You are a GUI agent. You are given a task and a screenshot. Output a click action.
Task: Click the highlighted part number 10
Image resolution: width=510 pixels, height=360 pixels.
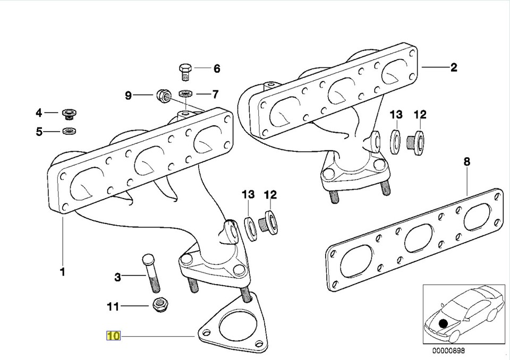coord(114,336)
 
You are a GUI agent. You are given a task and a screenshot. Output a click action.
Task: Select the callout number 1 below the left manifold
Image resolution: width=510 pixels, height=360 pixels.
coord(62,272)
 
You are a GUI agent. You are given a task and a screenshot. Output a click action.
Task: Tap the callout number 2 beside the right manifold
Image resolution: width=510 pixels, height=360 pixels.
coord(453,67)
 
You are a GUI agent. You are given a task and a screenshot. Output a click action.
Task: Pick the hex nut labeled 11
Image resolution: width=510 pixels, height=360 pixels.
coord(158,305)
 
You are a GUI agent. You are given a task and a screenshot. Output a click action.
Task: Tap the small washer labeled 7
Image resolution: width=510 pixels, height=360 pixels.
coord(185,95)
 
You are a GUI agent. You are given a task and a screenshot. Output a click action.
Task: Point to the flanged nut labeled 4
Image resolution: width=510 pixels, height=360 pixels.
coord(68,113)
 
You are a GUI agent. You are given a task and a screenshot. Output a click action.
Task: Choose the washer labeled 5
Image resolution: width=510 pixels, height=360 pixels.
coord(69,131)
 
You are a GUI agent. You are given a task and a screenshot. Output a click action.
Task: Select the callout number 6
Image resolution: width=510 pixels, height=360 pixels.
coord(216,68)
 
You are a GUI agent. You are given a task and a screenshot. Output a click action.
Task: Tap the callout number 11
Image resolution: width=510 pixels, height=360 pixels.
coord(113,306)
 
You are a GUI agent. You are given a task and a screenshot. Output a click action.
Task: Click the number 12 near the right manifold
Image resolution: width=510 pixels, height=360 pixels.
coord(420,114)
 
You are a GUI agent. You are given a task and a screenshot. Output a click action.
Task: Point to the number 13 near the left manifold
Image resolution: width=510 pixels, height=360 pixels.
coord(248,195)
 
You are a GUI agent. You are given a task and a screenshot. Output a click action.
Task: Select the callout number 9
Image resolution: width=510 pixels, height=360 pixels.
coord(128,96)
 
